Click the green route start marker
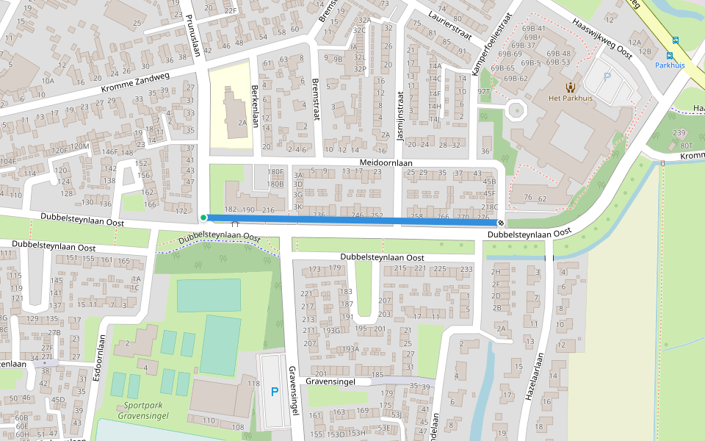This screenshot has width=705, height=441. coord(203,218)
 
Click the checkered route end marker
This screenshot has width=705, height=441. coord(501,223)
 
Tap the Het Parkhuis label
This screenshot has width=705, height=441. coord(569,98)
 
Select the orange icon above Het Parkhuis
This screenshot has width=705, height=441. coord(570,86)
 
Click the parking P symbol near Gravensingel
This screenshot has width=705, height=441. coord(275,392)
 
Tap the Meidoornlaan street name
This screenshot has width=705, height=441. coord(386,162)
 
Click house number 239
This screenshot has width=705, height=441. coord(679,133)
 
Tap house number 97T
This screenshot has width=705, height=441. coord(483,92)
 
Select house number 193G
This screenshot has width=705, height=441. coord(331,331)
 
